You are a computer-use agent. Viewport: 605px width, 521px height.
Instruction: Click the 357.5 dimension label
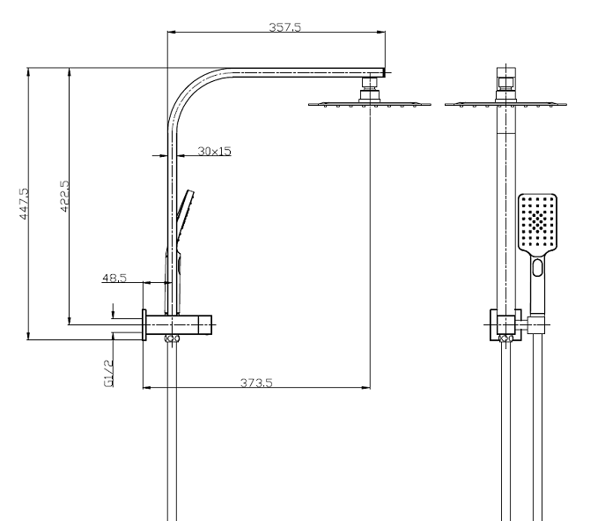pyautogui.click(x=284, y=27)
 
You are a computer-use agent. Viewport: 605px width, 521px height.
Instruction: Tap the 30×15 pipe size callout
pyautogui.click(x=214, y=152)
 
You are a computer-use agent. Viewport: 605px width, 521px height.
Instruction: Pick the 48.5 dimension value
pyautogui.click(x=114, y=278)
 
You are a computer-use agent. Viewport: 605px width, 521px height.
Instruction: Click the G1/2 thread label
pyautogui.click(x=108, y=373)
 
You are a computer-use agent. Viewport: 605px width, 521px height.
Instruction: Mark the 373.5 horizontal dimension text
pyautogui.click(x=257, y=382)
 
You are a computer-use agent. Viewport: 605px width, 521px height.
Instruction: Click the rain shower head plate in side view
pyautogui.click(x=369, y=105)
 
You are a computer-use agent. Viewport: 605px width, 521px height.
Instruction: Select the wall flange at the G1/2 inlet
pyautogui.click(x=143, y=324)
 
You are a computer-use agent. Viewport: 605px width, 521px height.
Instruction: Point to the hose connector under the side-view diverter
pyautogui.click(x=173, y=339)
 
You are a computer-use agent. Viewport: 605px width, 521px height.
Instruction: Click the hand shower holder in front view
pyautogui.click(x=538, y=324)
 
